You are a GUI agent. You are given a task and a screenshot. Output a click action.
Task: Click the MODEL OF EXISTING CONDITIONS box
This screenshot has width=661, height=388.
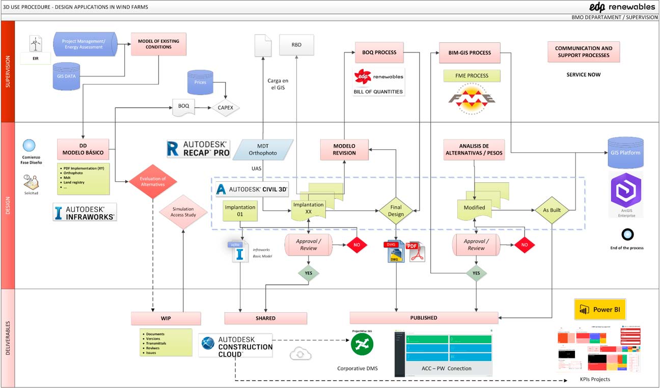pos(158,44)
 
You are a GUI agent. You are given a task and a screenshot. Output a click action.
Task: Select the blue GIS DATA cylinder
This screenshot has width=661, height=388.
pos(67,76)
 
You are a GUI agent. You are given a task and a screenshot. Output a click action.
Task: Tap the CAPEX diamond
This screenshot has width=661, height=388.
pos(226,107)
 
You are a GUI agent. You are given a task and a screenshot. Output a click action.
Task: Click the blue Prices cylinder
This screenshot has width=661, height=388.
pos(201,82)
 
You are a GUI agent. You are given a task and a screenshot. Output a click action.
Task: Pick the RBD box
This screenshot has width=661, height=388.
pos(296,45)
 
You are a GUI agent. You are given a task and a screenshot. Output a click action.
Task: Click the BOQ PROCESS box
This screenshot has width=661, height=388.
pos(379,52)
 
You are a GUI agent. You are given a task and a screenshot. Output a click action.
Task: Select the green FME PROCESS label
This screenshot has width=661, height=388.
pos(472,76)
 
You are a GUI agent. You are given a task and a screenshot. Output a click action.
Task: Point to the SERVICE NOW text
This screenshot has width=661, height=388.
pos(584,75)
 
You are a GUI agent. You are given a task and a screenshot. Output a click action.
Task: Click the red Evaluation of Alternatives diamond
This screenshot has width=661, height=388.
pos(153,181)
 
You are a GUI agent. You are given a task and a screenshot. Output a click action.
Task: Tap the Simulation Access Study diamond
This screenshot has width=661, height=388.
pos(183,211)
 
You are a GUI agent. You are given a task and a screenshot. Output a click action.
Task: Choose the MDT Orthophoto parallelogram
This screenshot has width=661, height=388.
pos(263,149)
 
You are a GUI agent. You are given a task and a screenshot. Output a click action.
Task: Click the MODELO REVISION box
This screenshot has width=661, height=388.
pos(344,149)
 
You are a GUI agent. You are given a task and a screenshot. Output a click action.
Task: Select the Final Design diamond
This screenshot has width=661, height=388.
pos(396,211)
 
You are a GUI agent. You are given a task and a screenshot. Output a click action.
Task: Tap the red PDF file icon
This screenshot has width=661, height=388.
pos(415,252)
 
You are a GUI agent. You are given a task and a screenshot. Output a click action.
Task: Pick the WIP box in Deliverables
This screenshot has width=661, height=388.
pos(166,318)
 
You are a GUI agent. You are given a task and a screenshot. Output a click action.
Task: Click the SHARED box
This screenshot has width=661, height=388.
pos(265,318)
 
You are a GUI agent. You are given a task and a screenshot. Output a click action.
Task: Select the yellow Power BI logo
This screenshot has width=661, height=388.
pos(600,310)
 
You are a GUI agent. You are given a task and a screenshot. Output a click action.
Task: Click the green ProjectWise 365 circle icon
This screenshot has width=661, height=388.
pos(362,344)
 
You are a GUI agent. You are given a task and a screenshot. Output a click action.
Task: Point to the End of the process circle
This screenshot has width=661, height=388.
pos(627,234)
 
